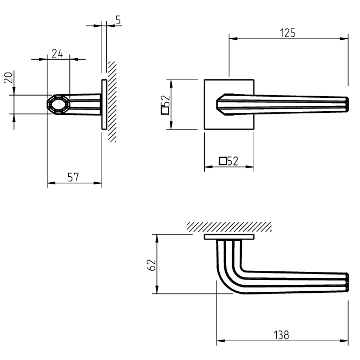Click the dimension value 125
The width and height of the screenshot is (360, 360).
[287, 32]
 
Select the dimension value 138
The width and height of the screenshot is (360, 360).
[280, 335]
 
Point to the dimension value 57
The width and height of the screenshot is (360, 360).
[74, 177]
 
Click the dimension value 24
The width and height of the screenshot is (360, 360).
[57, 53]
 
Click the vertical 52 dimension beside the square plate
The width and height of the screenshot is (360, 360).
[166, 100]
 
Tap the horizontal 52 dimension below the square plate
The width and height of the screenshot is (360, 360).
[233, 161]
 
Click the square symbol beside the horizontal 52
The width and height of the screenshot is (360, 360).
[222, 161]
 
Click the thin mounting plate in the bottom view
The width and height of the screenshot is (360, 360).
[229, 236]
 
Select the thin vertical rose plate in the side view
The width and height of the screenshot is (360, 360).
[104, 104]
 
